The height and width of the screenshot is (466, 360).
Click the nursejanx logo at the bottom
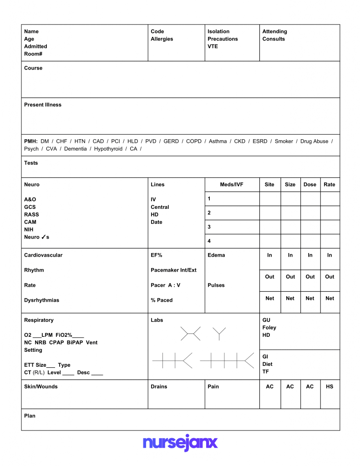[180, 442]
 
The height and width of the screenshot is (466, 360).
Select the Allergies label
[162, 39]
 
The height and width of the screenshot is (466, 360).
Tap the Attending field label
[274, 31]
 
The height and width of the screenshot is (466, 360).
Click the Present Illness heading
[43, 105]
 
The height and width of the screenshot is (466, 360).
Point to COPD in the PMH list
[194, 142]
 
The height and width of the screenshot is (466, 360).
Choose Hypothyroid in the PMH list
[108, 149]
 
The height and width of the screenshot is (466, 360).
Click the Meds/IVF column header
[232, 185]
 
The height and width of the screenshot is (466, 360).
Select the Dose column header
[309, 185]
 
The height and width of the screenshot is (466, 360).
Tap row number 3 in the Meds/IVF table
[209, 227]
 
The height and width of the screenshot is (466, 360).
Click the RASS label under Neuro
[31, 215]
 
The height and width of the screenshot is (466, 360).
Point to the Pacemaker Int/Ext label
[173, 270]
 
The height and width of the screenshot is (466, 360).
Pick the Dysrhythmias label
[41, 300]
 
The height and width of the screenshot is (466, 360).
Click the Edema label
[216, 255]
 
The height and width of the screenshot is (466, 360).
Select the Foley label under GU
[269, 328]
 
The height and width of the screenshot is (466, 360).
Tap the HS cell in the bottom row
[330, 387]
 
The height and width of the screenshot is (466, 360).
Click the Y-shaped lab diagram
[219, 333]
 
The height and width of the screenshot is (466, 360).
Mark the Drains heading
[159, 387]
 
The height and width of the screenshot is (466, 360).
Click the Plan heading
[30, 416]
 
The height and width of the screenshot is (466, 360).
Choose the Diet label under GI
[267, 364]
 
